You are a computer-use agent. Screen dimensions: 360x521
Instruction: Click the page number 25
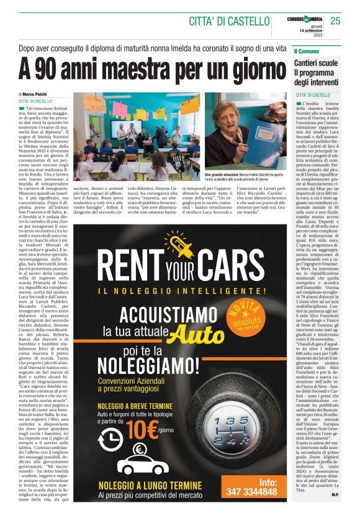tap(335, 21)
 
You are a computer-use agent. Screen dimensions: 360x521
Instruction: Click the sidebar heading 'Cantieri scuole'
tap(316, 63)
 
